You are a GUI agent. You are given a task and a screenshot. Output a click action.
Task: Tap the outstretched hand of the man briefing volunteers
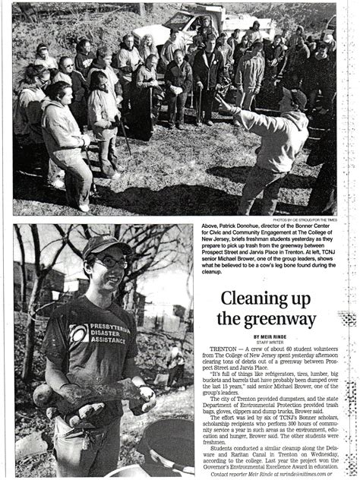click(x=222, y=100)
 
